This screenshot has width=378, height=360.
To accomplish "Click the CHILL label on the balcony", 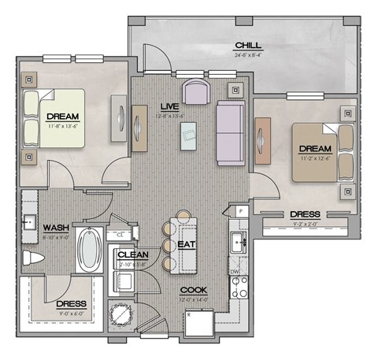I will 248,45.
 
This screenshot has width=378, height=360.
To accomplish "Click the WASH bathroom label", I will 56,227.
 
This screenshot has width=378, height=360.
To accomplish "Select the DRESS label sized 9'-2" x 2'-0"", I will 305,213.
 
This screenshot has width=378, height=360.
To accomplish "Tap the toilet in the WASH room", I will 35,258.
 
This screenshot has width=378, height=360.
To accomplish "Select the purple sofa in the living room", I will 231,133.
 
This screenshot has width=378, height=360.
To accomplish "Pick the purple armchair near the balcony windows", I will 195,90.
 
